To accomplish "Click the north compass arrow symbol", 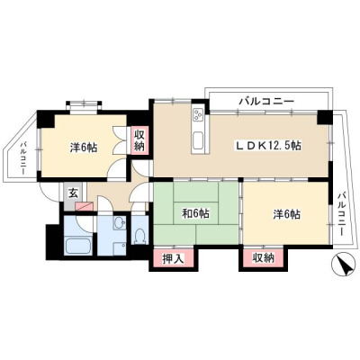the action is point(343,265).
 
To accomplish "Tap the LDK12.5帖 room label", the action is point(268,146).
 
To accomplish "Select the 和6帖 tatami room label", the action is point(196,213).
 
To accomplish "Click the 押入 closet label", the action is point(173,258).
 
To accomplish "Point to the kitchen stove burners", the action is point(198,114).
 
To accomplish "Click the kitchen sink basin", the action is point(198,141).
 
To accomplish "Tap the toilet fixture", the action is point(139,235).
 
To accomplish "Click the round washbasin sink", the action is point(120,222).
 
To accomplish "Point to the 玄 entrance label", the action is point(73,193).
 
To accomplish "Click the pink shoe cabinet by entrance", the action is point(85,206).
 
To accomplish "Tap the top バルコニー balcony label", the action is point(266,102).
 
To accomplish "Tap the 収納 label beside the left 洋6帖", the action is point(139,140).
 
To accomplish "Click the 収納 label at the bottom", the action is point(263,257).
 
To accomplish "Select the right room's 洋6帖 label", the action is point(286,214).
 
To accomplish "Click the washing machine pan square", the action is point(120,248).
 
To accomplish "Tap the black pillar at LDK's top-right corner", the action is point(325,117).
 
